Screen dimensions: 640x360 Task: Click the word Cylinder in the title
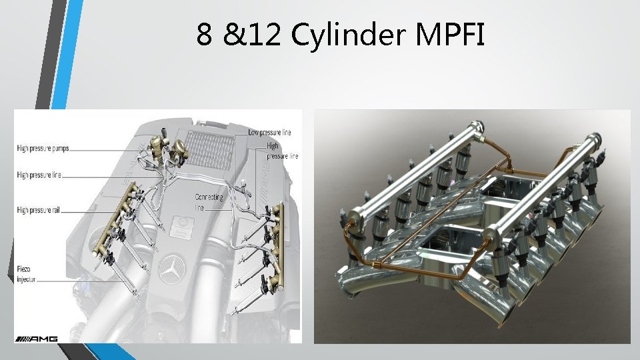348,35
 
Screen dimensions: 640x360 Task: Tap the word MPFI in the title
450,34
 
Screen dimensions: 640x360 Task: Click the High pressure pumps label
43,149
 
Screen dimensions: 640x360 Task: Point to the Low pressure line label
269,132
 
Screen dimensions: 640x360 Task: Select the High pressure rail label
38,210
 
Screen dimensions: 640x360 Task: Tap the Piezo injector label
26,274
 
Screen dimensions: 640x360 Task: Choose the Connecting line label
209,202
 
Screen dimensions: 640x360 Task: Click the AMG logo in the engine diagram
37,339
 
